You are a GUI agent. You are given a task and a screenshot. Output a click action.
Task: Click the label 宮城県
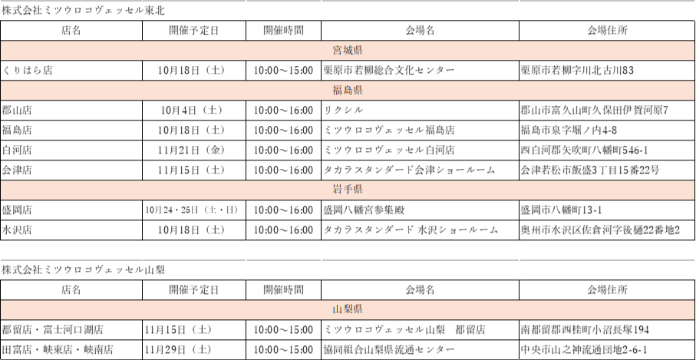coord(348,51)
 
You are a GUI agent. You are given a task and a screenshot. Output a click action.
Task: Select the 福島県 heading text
coord(348,91)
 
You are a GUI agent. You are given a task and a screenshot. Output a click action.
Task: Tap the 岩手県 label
coord(348,190)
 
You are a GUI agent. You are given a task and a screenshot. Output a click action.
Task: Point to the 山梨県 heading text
coord(348,309)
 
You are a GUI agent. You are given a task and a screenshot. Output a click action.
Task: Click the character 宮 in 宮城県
coord(338,51)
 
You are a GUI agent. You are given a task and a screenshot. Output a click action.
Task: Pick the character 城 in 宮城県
coord(348,51)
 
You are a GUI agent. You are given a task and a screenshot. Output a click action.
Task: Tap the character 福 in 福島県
coord(338,91)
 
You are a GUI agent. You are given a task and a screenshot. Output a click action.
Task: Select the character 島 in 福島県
coord(348,91)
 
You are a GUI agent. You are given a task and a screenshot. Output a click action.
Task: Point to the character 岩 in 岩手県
coord(338,190)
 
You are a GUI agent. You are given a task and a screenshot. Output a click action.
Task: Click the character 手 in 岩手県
coord(348,190)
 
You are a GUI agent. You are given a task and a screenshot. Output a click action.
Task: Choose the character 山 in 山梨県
coord(338,309)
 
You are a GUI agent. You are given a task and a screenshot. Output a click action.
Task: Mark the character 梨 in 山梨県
coord(348,309)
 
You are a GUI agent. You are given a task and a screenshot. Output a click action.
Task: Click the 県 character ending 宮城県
coord(358,51)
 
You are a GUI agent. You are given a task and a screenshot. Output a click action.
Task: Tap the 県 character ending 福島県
coord(358,91)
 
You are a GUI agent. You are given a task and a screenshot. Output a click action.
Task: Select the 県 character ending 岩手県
coord(358,190)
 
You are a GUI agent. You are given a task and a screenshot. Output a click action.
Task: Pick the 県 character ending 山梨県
coord(358,309)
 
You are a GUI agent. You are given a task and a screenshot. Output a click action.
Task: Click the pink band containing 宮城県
coord(153,51)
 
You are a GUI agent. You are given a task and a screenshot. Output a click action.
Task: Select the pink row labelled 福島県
coord(153,91)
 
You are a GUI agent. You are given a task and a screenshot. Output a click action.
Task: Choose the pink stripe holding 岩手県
coord(153,190)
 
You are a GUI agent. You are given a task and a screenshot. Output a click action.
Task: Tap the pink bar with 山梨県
coord(153,309)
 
